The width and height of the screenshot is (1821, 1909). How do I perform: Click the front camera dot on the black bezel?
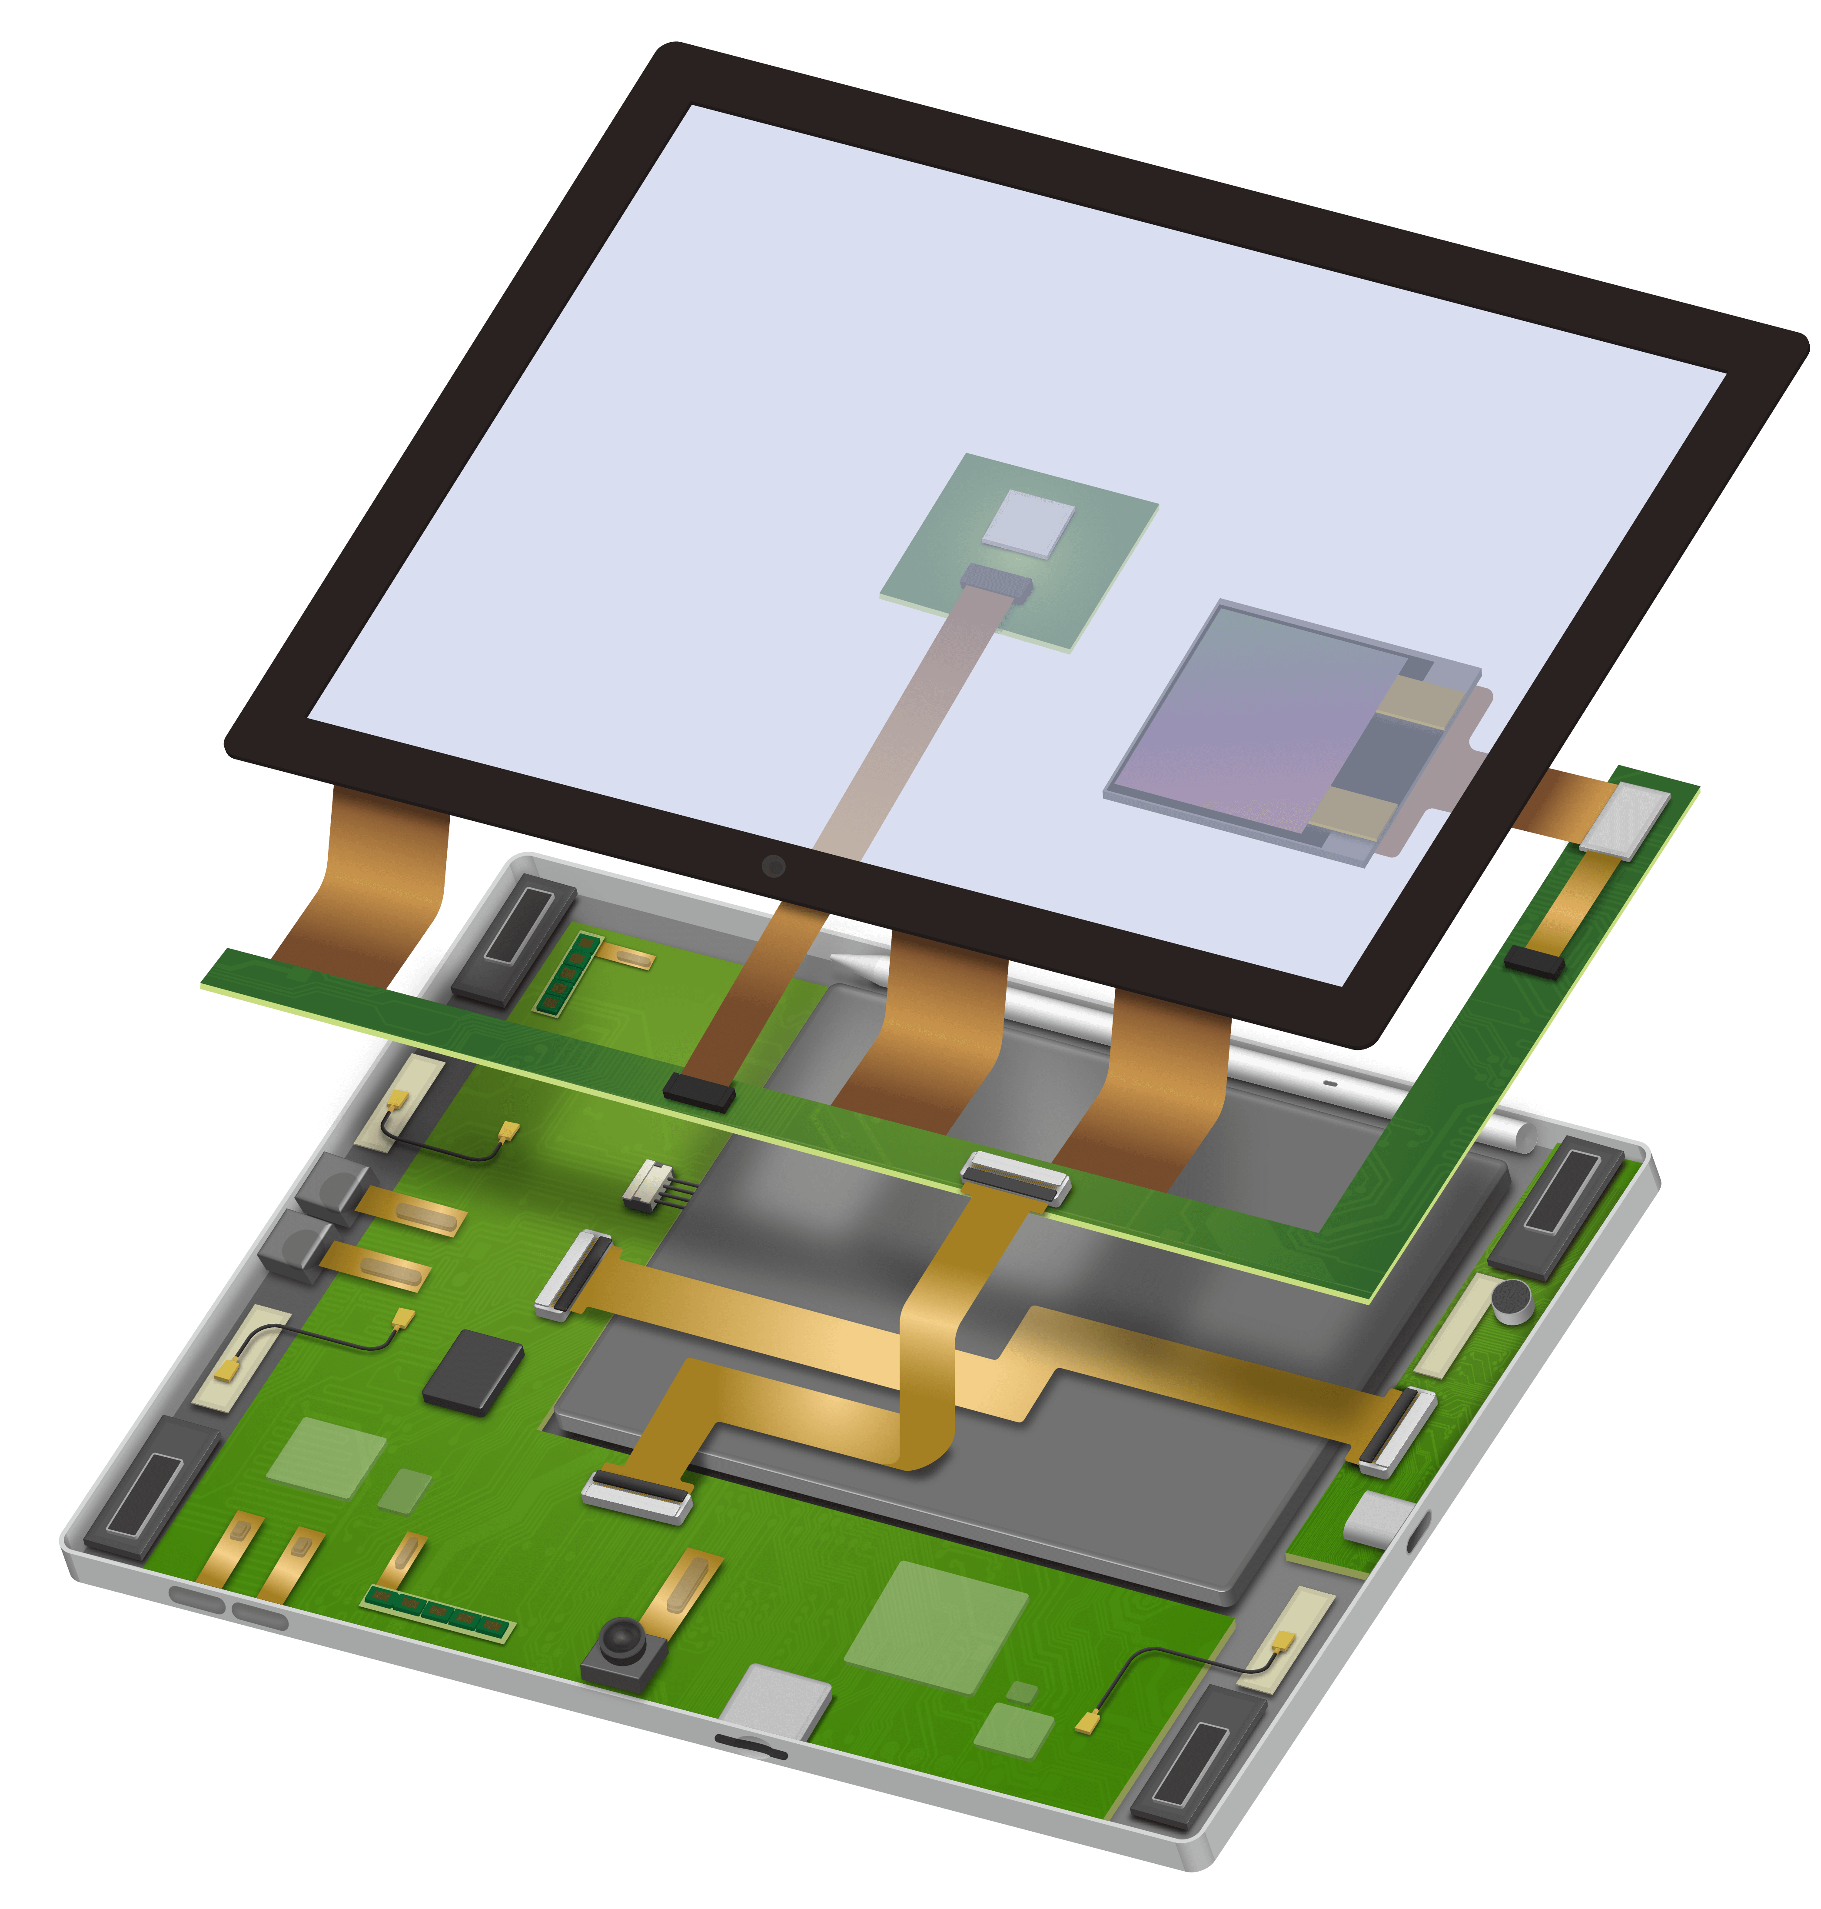coord(773,865)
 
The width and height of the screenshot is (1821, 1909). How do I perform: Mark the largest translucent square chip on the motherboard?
coord(937,1626)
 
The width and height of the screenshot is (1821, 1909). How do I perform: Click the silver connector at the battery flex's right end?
coord(1396,1431)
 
